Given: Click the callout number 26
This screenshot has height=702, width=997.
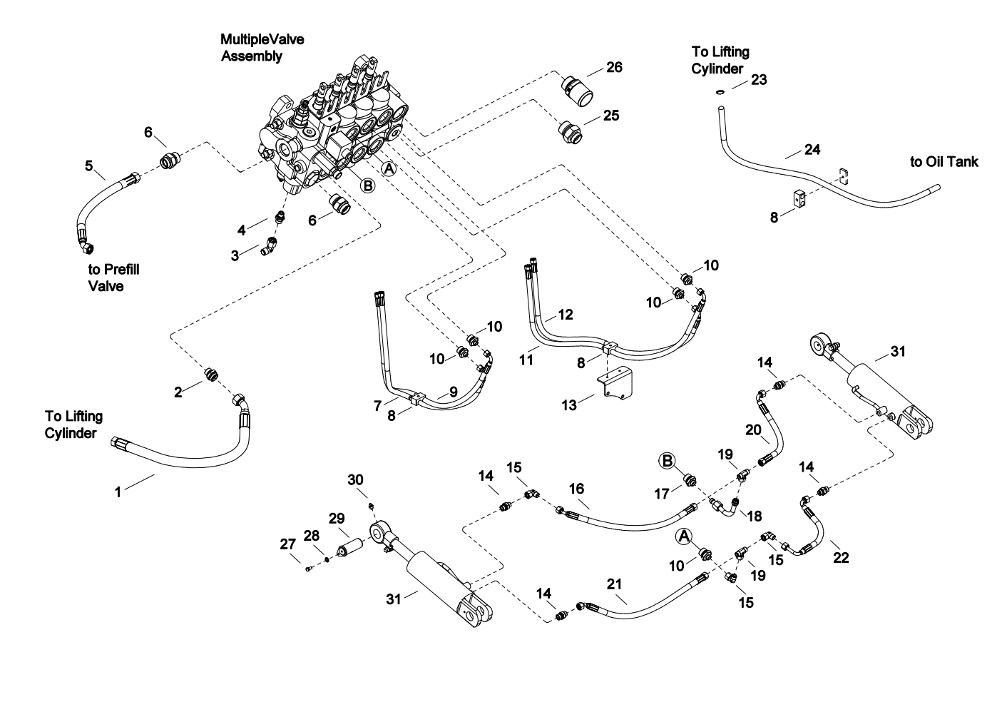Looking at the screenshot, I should pos(614,67).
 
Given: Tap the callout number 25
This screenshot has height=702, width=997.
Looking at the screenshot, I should pos(611,115).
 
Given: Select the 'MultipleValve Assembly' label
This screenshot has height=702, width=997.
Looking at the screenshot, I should pos(262,47).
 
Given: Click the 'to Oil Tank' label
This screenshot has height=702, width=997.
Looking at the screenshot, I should pos(944,162).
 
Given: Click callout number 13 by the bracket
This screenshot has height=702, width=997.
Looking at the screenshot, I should pos(569,405).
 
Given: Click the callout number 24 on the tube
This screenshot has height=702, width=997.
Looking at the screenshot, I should pos(812,149).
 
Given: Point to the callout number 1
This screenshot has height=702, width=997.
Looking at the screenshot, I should pos(118,491).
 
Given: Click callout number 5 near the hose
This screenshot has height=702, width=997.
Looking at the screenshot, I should pos(89,166).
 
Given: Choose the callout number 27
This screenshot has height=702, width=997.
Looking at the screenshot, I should pos(287,544).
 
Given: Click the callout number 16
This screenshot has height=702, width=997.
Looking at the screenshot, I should pos(576,488).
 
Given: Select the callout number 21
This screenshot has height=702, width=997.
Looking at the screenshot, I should pos(615,584).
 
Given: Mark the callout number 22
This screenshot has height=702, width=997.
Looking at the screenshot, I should pos(842,557).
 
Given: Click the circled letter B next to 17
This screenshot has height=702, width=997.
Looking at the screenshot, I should pos(667,462).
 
